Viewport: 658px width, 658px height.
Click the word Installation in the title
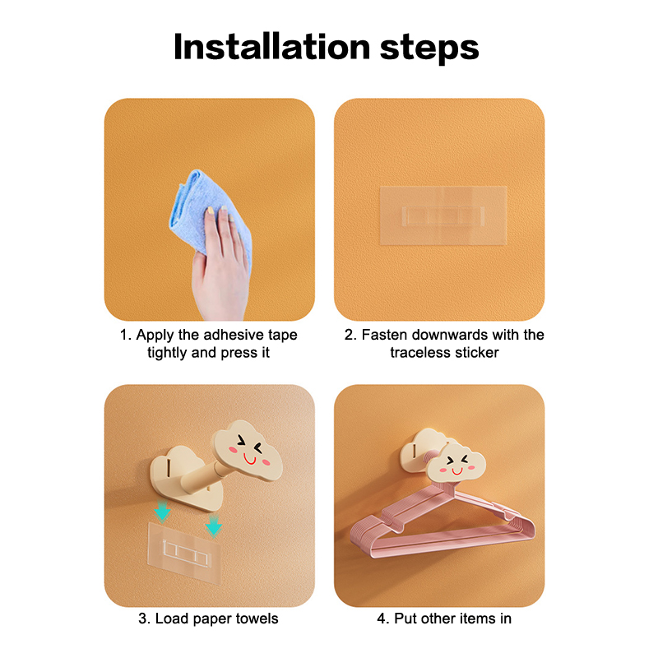(272, 47)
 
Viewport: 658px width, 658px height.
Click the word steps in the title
(429, 49)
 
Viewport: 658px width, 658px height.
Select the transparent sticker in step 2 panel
(443, 215)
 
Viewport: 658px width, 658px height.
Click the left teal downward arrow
(162, 510)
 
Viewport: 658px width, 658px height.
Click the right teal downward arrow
(214, 526)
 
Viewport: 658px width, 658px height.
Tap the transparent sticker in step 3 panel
(184, 553)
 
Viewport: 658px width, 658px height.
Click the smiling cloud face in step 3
(247, 451)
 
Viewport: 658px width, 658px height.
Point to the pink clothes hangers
(443, 521)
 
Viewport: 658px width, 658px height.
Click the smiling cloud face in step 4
(456, 464)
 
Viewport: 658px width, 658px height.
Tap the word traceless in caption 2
(420, 353)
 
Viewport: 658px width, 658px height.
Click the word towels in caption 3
(257, 619)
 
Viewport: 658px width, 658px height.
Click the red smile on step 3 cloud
(250, 460)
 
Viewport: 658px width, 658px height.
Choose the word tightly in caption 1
(167, 353)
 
